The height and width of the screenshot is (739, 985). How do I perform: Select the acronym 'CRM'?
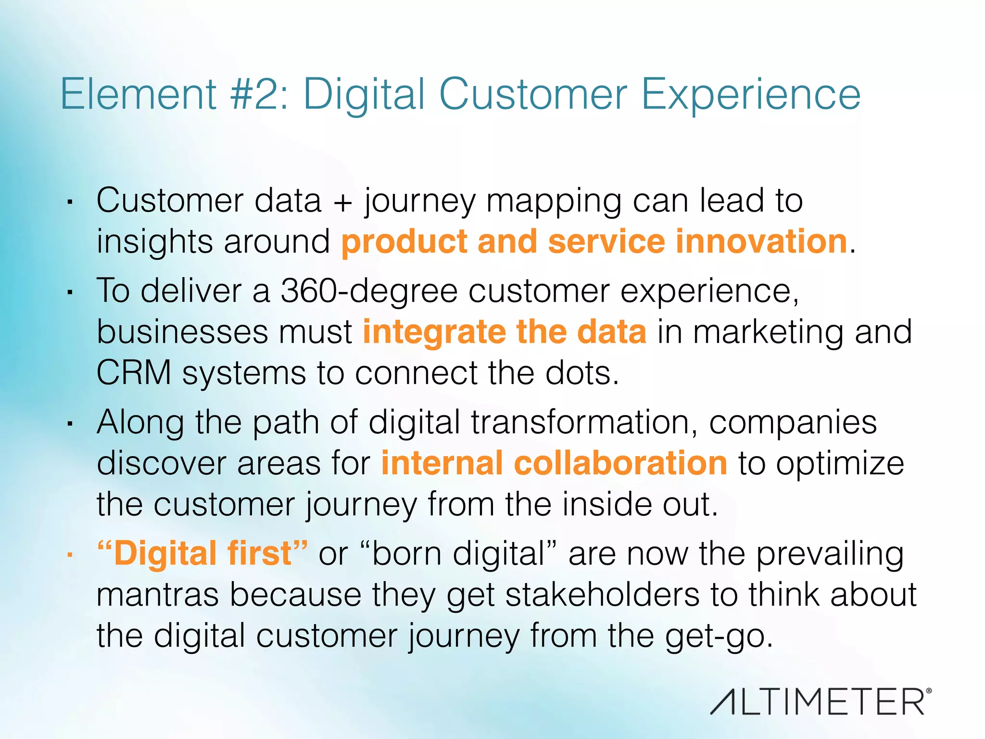134,373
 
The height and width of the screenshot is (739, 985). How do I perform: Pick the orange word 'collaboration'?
620,463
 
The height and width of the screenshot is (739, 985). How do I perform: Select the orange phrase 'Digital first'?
202,553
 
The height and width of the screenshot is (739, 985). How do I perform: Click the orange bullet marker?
70,555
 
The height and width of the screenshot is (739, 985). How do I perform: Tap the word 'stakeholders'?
602,595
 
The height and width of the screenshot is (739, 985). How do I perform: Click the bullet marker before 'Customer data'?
70,202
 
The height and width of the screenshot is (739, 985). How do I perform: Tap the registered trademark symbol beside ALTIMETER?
928,690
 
